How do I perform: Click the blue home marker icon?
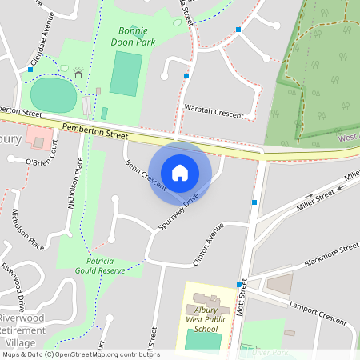click(x=180, y=172)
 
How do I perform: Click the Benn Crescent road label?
click(x=145, y=174)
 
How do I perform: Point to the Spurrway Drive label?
click(x=178, y=212)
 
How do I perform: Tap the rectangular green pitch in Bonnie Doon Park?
click(x=125, y=74)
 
